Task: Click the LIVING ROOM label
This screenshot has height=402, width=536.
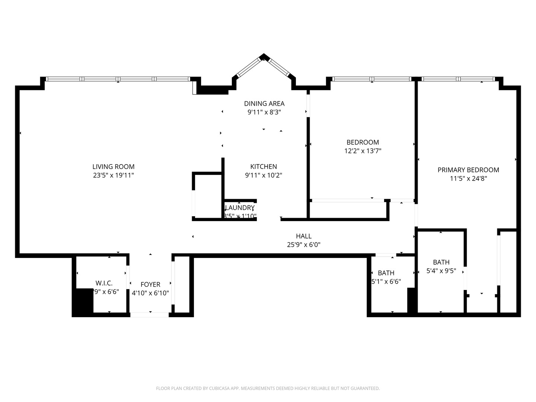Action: click(x=114, y=167)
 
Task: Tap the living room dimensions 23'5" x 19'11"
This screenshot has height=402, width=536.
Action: click(x=114, y=175)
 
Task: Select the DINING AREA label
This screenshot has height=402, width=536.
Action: click(x=264, y=103)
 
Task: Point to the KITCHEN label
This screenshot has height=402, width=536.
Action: click(x=264, y=167)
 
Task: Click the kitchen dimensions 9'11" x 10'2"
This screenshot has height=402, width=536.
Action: click(x=264, y=175)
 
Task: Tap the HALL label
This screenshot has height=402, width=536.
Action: click(x=304, y=236)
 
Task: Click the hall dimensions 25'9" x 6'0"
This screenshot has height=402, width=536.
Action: click(x=304, y=245)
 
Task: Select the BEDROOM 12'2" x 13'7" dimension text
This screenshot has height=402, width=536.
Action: click(x=363, y=151)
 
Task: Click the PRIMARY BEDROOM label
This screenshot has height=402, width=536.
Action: click(x=468, y=170)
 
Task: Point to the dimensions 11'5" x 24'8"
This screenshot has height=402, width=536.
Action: click(x=468, y=178)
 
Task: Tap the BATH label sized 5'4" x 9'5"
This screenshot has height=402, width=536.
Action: click(x=441, y=262)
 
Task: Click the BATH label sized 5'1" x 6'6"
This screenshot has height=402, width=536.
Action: click(x=386, y=273)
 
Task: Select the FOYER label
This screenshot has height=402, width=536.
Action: click(x=150, y=284)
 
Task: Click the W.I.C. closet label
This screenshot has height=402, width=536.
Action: click(x=104, y=283)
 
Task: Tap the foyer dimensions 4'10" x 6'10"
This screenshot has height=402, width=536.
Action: click(x=150, y=293)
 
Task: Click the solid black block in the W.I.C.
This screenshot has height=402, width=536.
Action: click(x=83, y=302)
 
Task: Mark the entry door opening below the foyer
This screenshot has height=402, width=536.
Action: click(x=149, y=315)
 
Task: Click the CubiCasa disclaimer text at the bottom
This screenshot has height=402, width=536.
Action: click(x=268, y=388)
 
